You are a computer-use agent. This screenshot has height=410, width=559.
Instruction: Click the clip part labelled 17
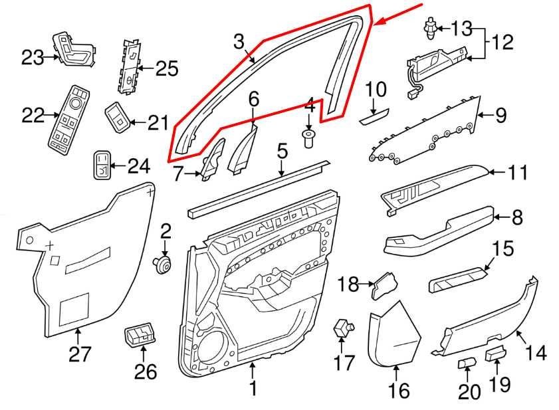[x=342, y=327]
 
